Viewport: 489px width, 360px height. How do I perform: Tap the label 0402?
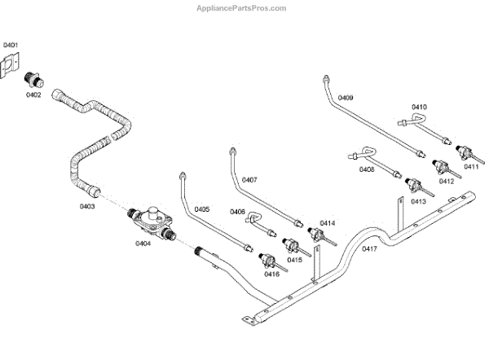coord(33,95)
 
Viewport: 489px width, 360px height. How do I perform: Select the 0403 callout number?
coord(87,207)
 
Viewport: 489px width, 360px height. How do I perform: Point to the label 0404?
coord(144,243)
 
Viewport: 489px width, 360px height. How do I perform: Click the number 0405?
coord(202,209)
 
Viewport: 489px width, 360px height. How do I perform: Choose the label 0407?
coord(249,179)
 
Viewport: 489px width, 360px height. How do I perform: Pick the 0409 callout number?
coord(346,98)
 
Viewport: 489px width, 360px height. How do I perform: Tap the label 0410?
coord(419,107)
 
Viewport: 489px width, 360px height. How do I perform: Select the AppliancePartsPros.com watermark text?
coord(242,7)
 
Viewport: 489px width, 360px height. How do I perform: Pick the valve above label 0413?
coord(415,185)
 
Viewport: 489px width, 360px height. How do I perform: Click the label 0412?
coord(446,181)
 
